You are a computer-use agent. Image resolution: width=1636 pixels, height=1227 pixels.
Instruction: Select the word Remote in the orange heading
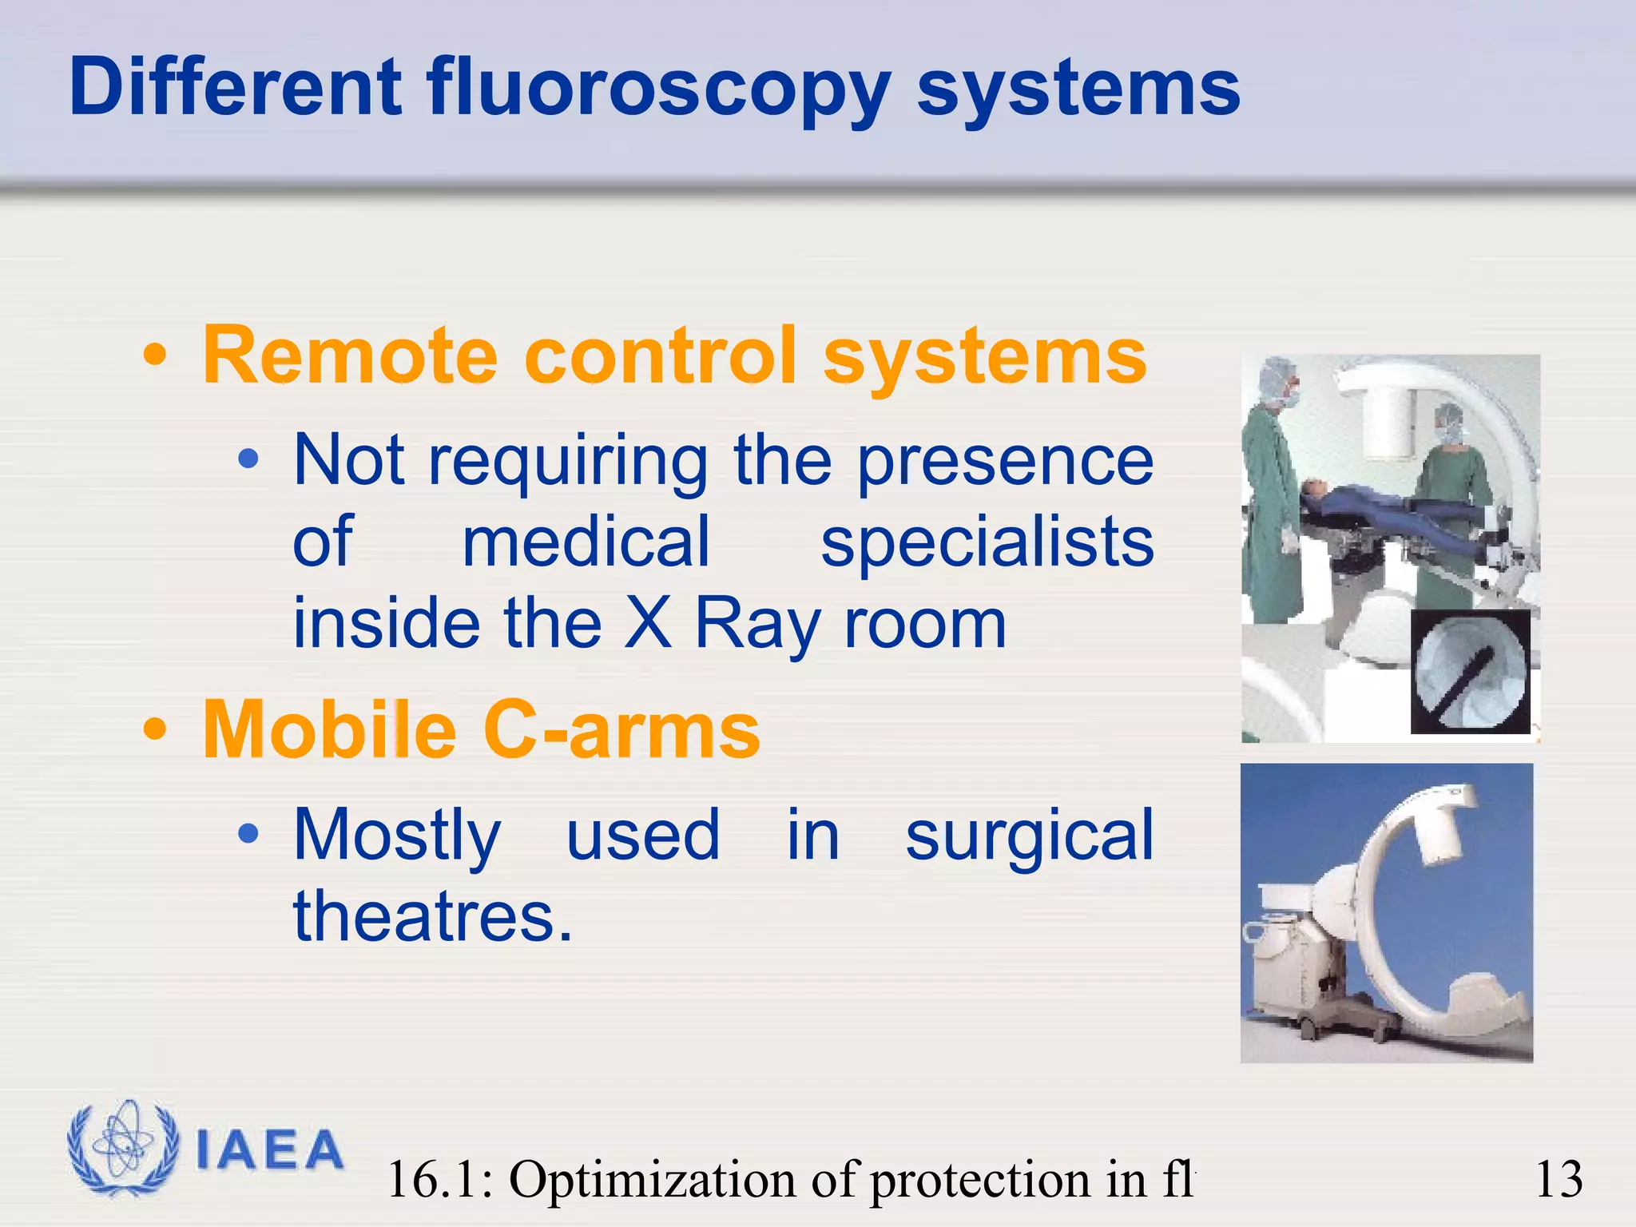coord(350,356)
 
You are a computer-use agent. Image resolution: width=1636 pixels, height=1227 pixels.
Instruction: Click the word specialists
coord(987,543)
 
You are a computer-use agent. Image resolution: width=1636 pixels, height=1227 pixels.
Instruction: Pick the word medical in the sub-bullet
coord(586,543)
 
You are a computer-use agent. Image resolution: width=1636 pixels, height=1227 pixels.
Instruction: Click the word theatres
coord(431,917)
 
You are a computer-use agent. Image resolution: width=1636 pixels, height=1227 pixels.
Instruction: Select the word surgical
coord(1029,836)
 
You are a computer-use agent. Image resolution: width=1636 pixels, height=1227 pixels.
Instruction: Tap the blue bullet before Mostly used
coord(249,834)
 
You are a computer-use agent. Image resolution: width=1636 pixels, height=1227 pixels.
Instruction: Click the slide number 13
coord(1559,1179)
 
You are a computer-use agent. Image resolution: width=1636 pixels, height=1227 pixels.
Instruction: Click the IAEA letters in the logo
coord(269,1151)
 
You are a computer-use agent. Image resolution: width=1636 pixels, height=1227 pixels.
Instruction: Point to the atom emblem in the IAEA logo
coord(122,1148)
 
